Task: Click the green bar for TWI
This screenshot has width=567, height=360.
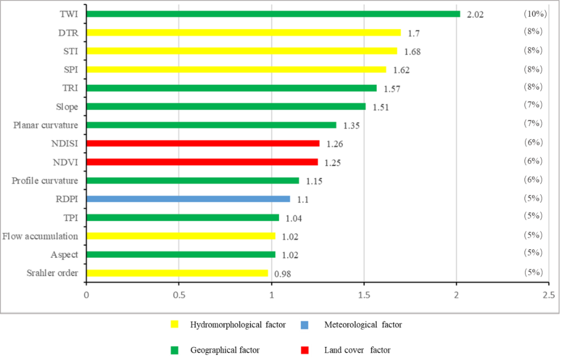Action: (273, 14)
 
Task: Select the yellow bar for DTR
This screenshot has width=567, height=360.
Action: (243, 33)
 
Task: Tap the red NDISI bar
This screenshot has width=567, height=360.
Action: (203, 143)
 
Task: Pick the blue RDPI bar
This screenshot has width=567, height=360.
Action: (188, 199)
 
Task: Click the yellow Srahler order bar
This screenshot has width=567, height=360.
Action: (177, 273)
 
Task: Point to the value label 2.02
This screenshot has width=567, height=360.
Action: (475, 15)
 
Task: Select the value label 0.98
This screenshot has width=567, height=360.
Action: (283, 274)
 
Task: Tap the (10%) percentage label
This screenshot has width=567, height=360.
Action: (535, 14)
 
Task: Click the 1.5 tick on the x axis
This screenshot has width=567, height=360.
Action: (364, 294)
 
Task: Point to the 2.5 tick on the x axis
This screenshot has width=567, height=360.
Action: (549, 294)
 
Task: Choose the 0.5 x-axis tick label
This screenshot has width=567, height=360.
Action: (178, 294)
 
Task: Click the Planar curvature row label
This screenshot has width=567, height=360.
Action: (45, 125)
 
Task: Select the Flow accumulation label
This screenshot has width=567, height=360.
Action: (40, 236)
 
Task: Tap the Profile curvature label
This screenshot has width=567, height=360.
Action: (45, 181)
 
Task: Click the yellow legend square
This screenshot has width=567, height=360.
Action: (174, 324)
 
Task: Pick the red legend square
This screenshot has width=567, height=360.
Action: (304, 350)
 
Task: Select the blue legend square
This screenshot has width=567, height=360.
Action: (304, 325)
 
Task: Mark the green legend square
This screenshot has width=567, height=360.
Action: (174, 350)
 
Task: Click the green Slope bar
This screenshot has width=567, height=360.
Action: (226, 107)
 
